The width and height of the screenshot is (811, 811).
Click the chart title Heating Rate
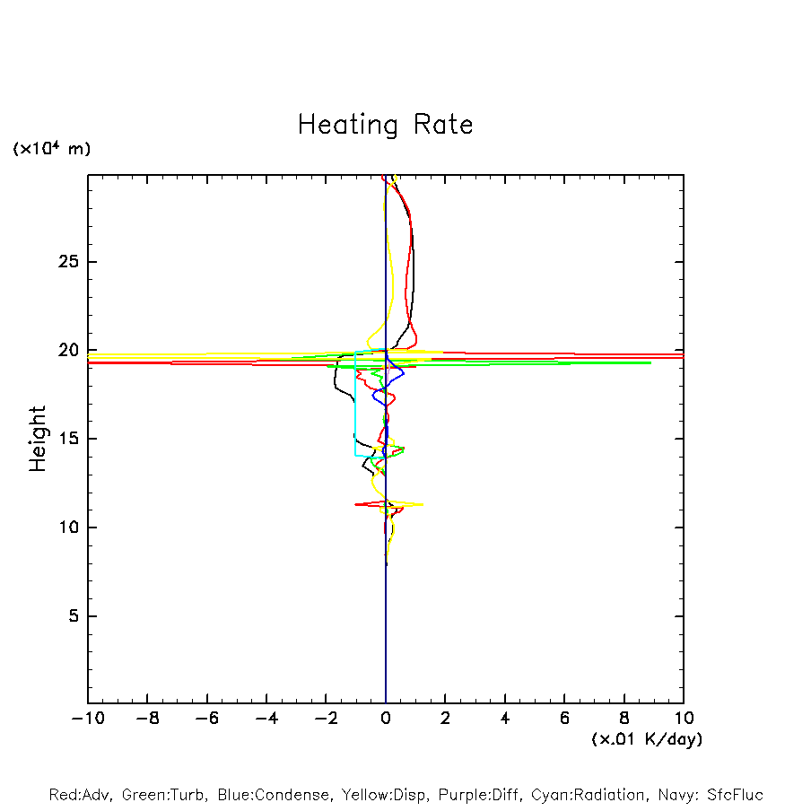[385, 125]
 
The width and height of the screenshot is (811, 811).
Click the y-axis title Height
[38, 439]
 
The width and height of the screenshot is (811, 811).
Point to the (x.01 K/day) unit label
[646, 739]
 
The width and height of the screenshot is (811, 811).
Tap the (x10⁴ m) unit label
[52, 149]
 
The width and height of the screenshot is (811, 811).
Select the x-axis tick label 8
[624, 719]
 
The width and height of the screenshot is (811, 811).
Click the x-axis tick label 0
[386, 719]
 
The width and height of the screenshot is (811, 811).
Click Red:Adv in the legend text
[80, 795]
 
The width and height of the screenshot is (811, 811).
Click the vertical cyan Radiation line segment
[356, 404]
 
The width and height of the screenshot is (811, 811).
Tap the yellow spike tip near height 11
[422, 504]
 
